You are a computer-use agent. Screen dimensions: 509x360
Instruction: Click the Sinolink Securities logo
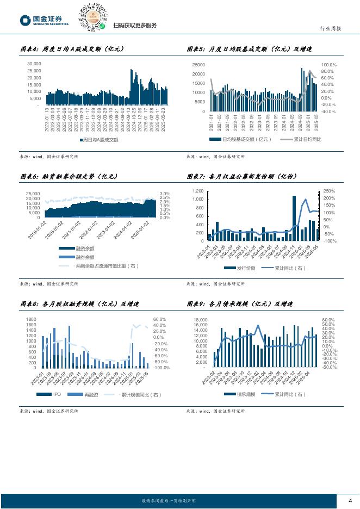45,20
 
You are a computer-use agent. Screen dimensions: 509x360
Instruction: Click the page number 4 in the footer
350,501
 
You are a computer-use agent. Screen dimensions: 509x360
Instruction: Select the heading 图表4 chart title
72,49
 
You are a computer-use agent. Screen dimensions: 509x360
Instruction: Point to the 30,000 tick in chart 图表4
34,64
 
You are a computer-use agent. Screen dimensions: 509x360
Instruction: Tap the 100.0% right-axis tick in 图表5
329,65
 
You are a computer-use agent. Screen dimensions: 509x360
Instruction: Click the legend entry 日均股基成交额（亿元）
247,140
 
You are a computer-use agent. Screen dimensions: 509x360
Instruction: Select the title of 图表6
69,177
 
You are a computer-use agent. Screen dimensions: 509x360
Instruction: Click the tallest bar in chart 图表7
294,218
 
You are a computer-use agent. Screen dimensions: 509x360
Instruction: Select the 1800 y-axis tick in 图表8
31,320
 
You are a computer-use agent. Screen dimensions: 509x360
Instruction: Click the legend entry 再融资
76,394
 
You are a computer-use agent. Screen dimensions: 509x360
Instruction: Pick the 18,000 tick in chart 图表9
200,320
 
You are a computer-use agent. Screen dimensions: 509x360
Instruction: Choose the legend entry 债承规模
243,394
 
